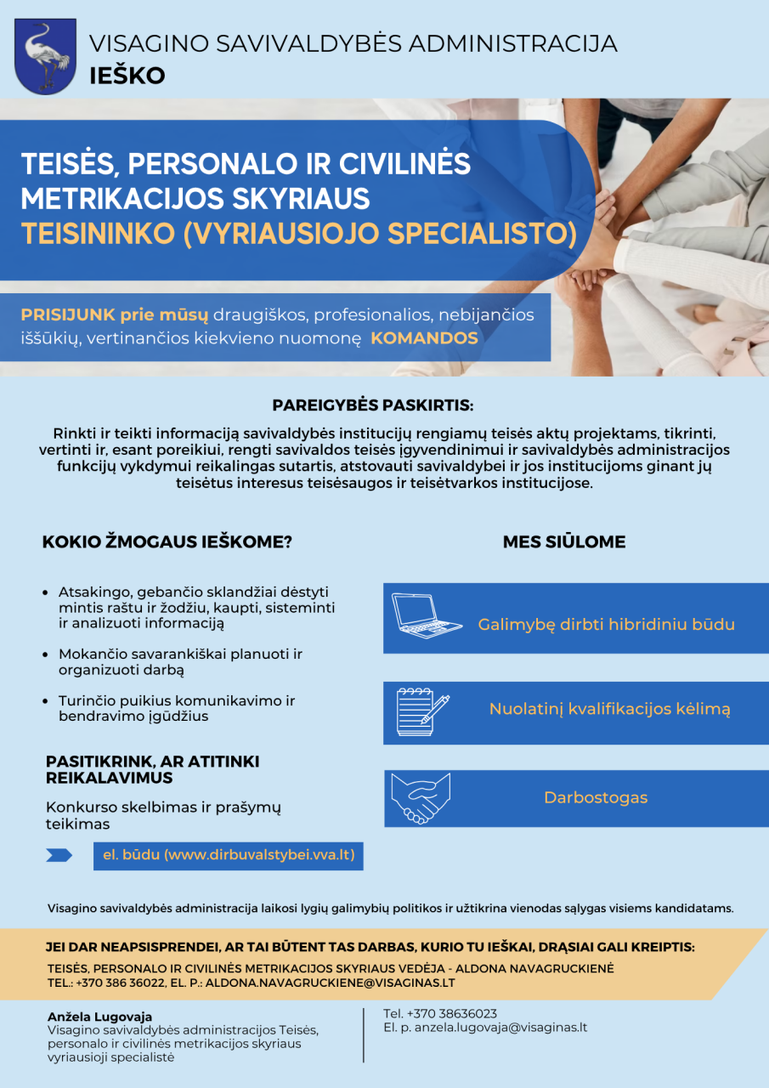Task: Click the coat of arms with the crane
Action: pos(45,56)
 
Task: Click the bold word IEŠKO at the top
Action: pos(127,76)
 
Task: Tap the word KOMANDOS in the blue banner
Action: pos(424,337)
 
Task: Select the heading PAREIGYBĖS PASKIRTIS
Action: pos(372,405)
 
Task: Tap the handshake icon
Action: pos(421,798)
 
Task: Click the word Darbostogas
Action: pos(596,798)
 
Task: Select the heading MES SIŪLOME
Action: pos(564,542)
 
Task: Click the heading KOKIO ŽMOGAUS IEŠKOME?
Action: pos(167,542)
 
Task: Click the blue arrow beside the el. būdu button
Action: pos(59,856)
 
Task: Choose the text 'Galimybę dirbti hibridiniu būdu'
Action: pos(606,625)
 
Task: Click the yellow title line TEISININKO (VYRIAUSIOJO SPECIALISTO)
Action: pos(298,233)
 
